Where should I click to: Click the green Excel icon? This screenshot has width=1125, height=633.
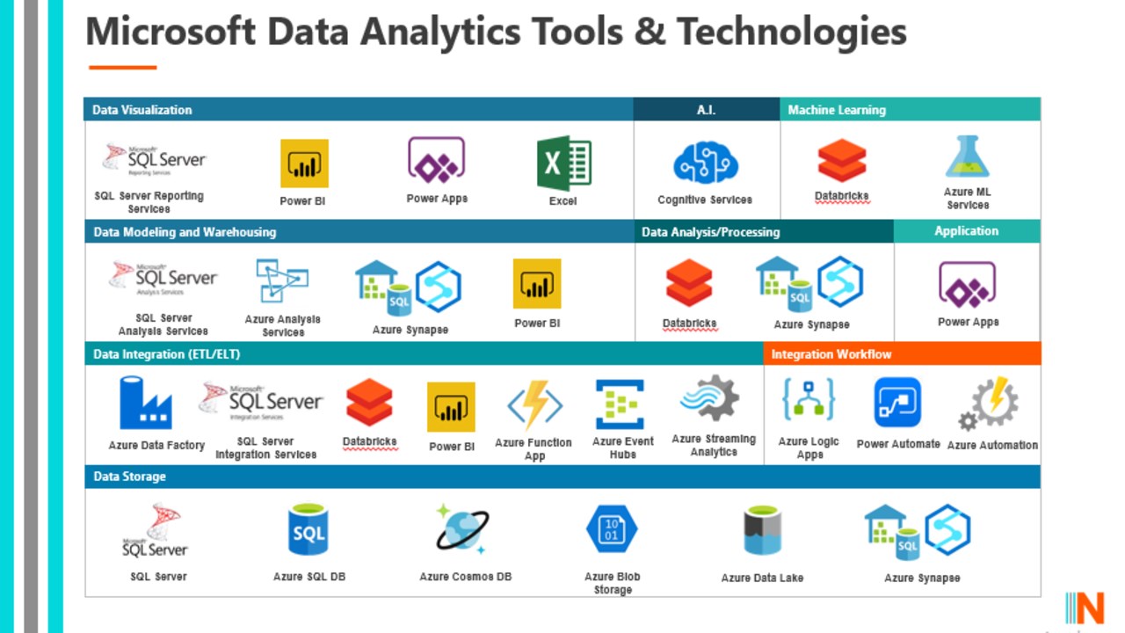[x=564, y=163]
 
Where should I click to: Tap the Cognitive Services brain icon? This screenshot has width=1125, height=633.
[x=706, y=163]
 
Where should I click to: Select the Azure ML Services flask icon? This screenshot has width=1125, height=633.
[x=968, y=156]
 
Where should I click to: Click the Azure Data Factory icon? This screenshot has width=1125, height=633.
[x=145, y=403]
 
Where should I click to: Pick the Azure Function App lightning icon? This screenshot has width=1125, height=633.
[x=535, y=405]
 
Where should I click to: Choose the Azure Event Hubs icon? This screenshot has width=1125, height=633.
[x=620, y=404]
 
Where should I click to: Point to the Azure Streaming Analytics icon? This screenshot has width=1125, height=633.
[x=710, y=398]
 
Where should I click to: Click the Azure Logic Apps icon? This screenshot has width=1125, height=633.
[x=809, y=400]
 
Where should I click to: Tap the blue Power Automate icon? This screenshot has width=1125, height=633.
[x=897, y=403]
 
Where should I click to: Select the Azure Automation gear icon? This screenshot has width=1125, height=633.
[x=989, y=404]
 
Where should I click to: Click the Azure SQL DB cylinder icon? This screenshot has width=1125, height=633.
[x=308, y=529]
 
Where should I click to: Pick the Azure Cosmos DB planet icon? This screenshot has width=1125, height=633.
[x=462, y=529]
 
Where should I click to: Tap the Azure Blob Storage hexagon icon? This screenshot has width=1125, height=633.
[x=612, y=529]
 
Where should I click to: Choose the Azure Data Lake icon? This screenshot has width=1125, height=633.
[x=762, y=530]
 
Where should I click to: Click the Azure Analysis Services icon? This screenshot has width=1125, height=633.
[x=282, y=280]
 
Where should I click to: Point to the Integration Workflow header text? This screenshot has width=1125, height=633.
[x=831, y=354]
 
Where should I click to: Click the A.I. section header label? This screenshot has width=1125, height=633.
[x=706, y=110]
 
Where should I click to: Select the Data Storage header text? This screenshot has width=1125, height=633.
[x=129, y=477]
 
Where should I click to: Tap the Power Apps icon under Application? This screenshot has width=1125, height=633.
[x=967, y=284]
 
